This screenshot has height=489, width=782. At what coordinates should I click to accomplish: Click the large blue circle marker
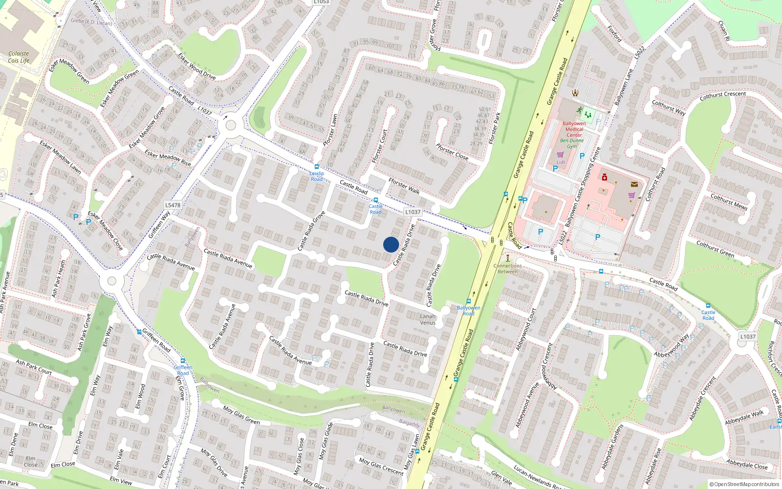pyautogui.click(x=391, y=244)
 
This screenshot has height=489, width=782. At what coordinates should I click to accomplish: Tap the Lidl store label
pyautogui.click(x=561, y=162)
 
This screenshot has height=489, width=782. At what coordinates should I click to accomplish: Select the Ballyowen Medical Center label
pyautogui.click(x=574, y=129)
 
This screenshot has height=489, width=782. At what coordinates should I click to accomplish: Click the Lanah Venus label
pyautogui.click(x=428, y=319)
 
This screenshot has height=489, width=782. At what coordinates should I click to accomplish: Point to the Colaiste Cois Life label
pyautogui.click(x=19, y=57)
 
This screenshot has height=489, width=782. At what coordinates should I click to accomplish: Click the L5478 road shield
pyautogui.click(x=173, y=205)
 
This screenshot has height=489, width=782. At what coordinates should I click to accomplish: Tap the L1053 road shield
pyautogui.click(x=321, y=2)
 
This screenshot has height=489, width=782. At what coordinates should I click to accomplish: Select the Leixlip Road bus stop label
pyautogui.click(x=317, y=176)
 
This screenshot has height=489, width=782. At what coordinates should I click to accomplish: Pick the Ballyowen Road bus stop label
pyautogui.click(x=469, y=311)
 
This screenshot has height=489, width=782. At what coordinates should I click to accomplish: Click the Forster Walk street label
pyautogui.click(x=404, y=186)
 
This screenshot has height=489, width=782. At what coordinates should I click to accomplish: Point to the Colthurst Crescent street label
pyautogui.click(x=723, y=96)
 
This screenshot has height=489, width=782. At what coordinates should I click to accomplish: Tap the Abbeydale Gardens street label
pyautogui.click(x=612, y=447)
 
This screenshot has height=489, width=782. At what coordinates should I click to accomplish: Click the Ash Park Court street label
pyautogui.click(x=34, y=367)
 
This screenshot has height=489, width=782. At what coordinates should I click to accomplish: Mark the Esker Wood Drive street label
pyautogui.click(x=196, y=66)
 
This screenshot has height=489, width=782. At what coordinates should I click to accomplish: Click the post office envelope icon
pyautogui.click(x=634, y=184)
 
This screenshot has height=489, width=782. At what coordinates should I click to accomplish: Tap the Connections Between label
pyautogui.click(x=508, y=268)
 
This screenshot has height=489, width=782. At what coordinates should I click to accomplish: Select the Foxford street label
pyautogui.click(x=614, y=34)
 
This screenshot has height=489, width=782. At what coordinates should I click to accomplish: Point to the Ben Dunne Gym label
pyautogui.click(x=572, y=143)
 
